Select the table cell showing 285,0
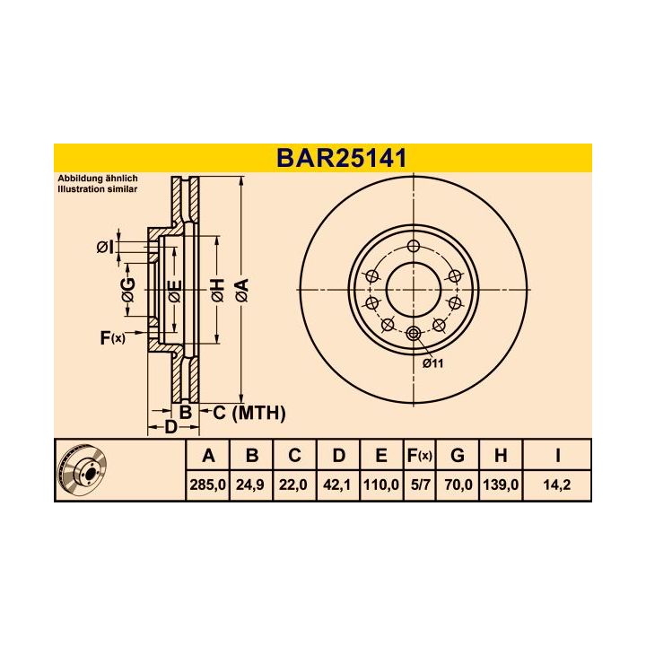point(207,485)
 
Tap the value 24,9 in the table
point(251,485)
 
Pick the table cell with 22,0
point(294,485)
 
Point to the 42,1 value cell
point(338,485)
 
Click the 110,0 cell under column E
point(381,485)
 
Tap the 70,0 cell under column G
point(458,485)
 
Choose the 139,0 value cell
point(501,485)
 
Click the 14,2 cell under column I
point(557,485)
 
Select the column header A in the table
point(207,456)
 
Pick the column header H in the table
point(501,456)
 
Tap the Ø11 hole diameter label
point(433,362)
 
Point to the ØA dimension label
point(240,290)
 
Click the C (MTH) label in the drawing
point(249,413)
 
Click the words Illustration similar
point(99,190)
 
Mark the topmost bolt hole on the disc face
point(413,247)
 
